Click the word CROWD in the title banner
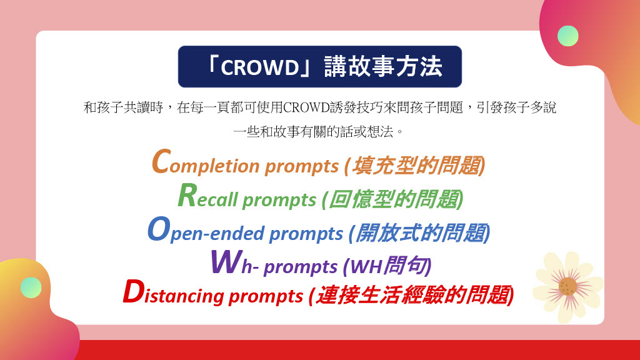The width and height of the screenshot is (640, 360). coord(260,67)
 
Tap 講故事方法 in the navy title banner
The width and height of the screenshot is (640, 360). coord(383,66)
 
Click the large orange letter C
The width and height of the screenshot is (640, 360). coord(161,162)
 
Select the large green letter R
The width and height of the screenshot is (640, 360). coord(187,195)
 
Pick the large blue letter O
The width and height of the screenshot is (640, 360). coord(159,229)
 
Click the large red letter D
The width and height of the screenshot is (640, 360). coord(134,292)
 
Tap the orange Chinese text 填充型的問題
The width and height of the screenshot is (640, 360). coord(417,166)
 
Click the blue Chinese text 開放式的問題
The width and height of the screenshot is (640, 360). coord(421,233)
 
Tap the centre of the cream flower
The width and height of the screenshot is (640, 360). coord(567,286)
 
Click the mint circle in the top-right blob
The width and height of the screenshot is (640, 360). coord(567,36)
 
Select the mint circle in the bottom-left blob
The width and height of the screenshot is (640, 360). coord(31,287)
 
